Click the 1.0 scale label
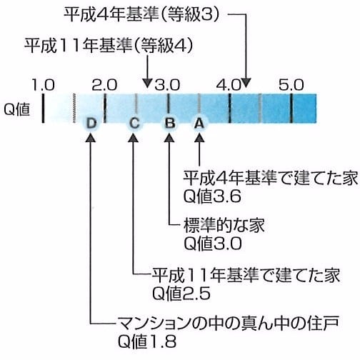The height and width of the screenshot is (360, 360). pos(43,85)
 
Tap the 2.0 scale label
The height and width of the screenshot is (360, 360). pos(104,85)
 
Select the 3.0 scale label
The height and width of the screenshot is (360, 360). pos(167,85)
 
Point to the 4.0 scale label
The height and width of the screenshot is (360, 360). pos(229,85)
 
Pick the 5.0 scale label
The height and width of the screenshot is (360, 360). pos(291,85)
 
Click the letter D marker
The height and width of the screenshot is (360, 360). pos(91,124)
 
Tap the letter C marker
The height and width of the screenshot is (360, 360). pos(134,124)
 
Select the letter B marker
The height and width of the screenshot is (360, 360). pos(170,124)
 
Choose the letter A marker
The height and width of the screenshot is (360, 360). pos(199,124)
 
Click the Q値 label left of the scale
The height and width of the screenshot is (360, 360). pos(17,110)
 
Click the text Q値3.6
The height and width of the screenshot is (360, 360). pos(212,196)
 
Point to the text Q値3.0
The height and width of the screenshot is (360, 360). pos(213,244)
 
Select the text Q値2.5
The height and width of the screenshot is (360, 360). pos(181,294)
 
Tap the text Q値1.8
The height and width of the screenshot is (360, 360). pos(147,341)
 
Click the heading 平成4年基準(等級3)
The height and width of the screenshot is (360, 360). pos(141,14)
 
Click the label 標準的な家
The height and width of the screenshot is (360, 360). pos(224,225)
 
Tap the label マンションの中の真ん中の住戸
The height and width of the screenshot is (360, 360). pos(228,323)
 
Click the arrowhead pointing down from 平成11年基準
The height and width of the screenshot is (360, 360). pos(148,84)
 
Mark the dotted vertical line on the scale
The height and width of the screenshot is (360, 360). pos(74,108)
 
